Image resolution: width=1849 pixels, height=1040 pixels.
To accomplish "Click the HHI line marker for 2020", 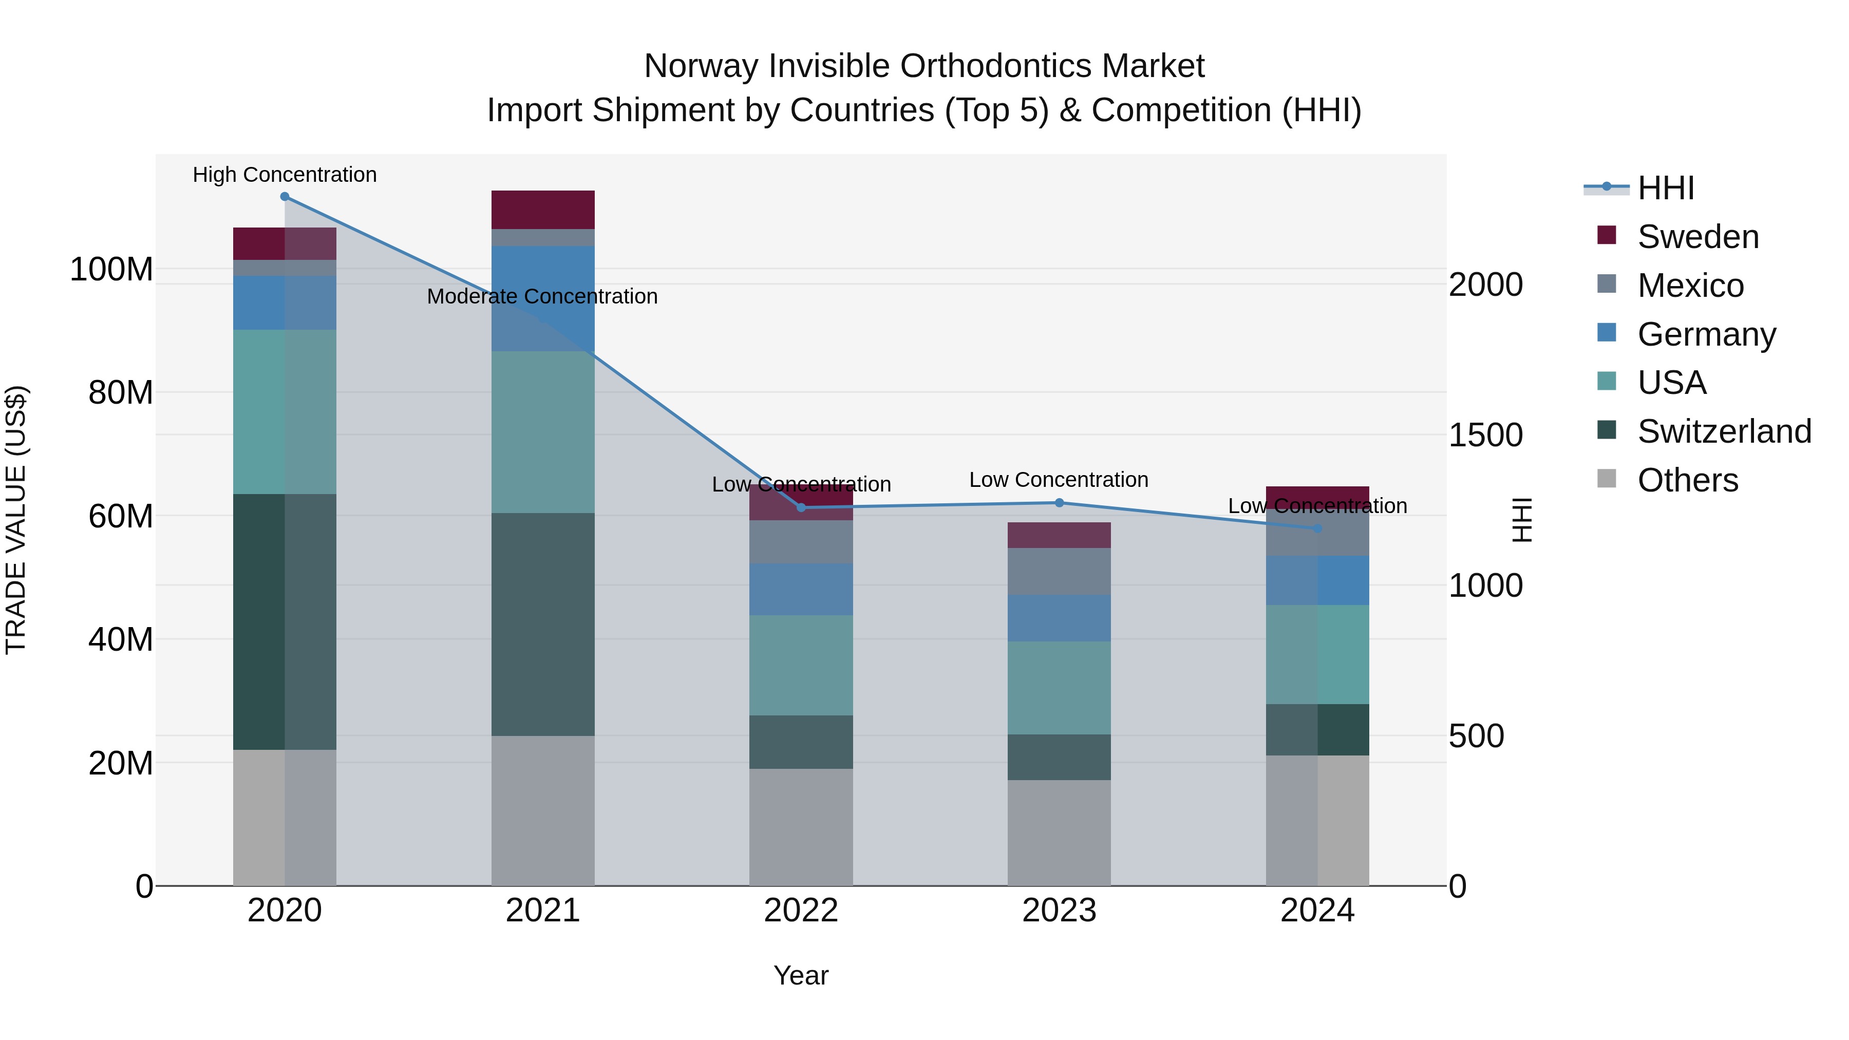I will [x=285, y=197].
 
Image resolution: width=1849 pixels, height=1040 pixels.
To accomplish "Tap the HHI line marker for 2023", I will [x=1060, y=503].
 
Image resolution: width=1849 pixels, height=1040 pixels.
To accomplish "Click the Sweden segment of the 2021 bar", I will [x=543, y=210].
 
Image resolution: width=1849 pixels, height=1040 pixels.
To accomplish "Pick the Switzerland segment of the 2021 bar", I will [x=543, y=625].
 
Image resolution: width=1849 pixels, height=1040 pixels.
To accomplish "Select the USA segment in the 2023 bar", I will [x=1060, y=688].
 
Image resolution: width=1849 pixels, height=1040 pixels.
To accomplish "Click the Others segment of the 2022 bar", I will [x=801, y=827].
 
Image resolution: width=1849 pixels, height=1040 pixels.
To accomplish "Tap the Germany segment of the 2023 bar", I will [x=1060, y=618].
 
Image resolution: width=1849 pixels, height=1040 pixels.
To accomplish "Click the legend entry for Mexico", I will [x=1690, y=286].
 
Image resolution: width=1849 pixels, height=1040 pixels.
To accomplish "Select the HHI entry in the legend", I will [x=1665, y=188].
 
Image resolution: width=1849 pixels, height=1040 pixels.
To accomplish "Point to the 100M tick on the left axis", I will [x=111, y=270].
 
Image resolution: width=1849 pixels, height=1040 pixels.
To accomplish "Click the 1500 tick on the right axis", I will [x=1485, y=436].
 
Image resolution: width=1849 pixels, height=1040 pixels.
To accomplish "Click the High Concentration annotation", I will [x=285, y=175].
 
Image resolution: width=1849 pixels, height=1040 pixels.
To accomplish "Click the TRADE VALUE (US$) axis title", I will [x=16, y=520].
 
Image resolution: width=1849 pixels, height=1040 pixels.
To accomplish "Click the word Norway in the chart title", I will [x=701, y=67].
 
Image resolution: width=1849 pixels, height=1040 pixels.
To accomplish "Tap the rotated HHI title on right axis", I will [x=1522, y=520].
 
